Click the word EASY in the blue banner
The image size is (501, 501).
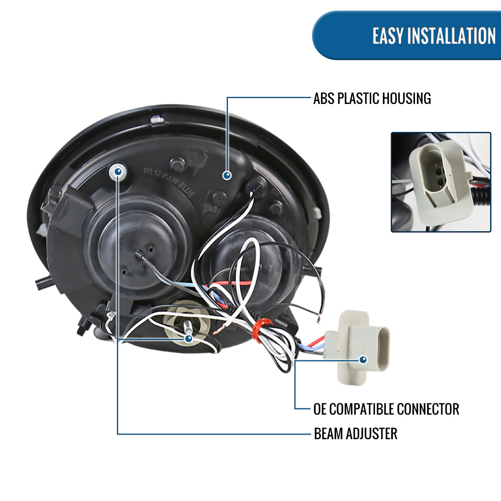click(x=388, y=36)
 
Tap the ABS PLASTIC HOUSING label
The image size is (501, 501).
click(x=372, y=99)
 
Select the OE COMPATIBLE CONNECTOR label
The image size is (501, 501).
click(x=386, y=409)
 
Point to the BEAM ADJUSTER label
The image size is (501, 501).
click(x=355, y=434)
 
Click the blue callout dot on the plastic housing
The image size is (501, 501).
click(x=227, y=175)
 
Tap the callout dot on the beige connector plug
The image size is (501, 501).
click(x=363, y=359)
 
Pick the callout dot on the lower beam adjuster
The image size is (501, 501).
click(x=188, y=338)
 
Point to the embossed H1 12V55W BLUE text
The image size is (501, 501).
click(x=169, y=182)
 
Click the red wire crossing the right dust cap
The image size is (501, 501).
click(x=234, y=283)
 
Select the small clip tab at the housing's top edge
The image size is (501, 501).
click(x=157, y=120)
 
